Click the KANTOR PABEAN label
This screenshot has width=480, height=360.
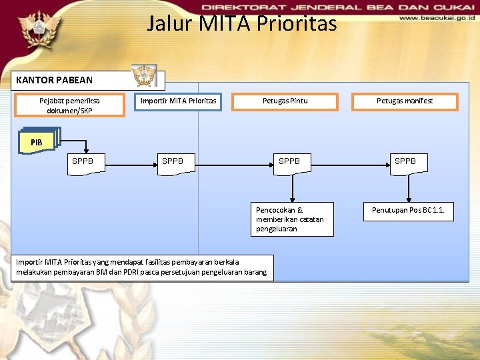pyautogui.click(x=54, y=80)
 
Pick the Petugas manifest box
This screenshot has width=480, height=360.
pyautogui.click(x=405, y=101)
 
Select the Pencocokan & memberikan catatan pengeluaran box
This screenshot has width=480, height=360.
pyautogui.click(x=291, y=219)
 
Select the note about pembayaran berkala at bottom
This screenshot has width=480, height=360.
pyautogui.click(x=141, y=267)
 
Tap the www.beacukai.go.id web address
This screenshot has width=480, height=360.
pyautogui.click(x=437, y=19)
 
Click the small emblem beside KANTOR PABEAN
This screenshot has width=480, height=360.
pyautogui.click(x=144, y=76)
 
